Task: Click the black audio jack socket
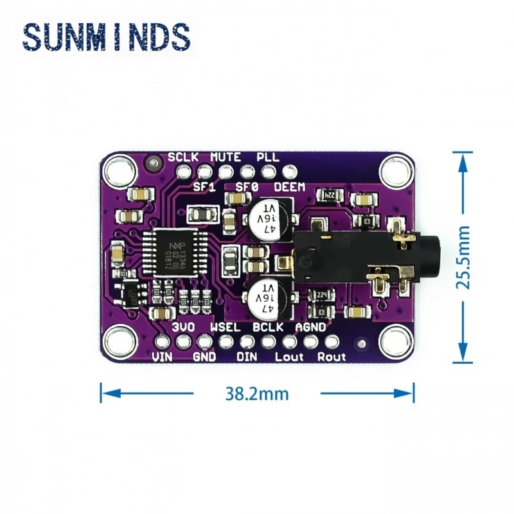point(360,257)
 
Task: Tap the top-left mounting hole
point(119,171)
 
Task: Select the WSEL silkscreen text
point(225,327)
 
